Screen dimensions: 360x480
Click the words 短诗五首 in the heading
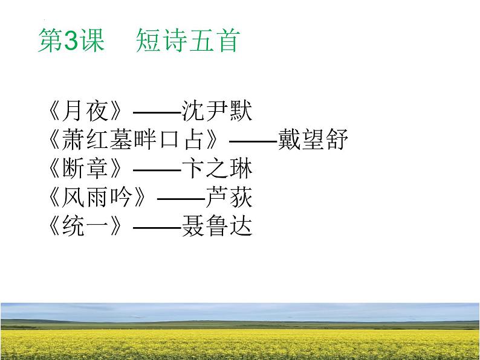coord(187,42)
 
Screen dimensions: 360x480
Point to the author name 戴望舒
coord(313,140)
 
